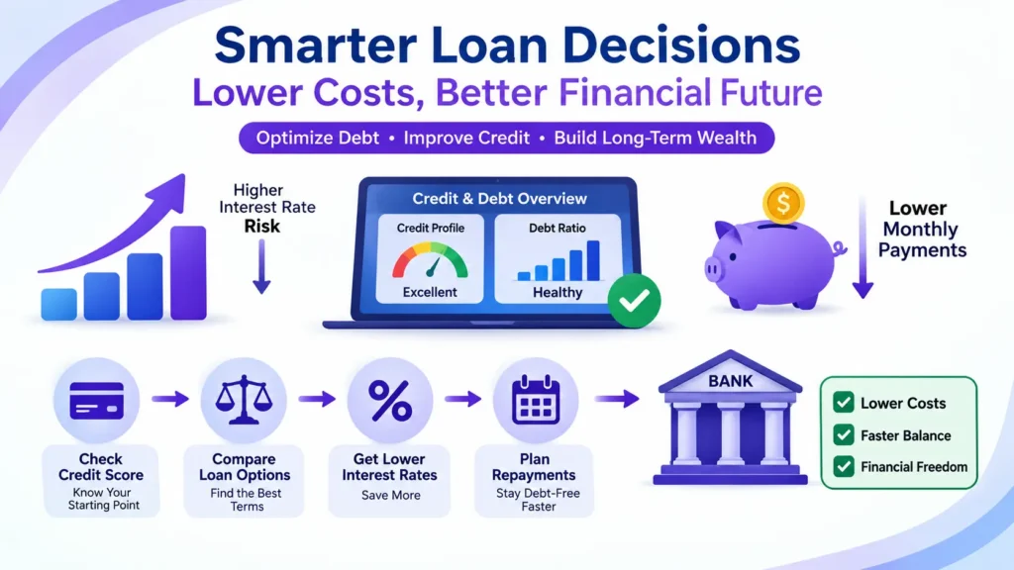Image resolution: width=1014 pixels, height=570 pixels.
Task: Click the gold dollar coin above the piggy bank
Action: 783,203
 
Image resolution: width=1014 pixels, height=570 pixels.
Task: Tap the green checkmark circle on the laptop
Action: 634,301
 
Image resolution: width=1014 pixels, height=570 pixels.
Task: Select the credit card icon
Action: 96,401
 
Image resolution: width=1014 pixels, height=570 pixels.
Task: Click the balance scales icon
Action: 244,400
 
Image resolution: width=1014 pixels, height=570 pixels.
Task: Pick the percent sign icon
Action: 390,401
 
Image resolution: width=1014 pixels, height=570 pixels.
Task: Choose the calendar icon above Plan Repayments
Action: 536,400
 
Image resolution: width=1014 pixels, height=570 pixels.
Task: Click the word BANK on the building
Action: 730,381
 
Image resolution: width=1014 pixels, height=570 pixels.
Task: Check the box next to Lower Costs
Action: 844,403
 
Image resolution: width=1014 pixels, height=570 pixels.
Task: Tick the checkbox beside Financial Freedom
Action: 844,466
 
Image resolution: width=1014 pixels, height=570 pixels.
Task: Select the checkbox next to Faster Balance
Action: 844,435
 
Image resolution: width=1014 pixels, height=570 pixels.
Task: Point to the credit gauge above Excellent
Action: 430,260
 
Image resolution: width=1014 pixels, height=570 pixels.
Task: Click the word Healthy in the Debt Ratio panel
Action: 558,292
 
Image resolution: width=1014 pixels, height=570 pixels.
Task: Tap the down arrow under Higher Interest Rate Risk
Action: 261,266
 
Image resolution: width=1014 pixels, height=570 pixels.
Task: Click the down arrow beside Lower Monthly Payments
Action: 862,246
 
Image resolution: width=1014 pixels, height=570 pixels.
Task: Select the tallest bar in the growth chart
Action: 188,273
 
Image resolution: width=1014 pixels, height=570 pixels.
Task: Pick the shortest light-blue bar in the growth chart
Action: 58,305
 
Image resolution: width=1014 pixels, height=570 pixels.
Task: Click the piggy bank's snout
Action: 713,268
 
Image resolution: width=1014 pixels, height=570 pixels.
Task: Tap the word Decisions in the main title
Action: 681,46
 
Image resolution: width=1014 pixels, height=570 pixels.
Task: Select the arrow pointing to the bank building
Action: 617,399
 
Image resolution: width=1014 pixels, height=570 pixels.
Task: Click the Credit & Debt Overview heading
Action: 499,198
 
